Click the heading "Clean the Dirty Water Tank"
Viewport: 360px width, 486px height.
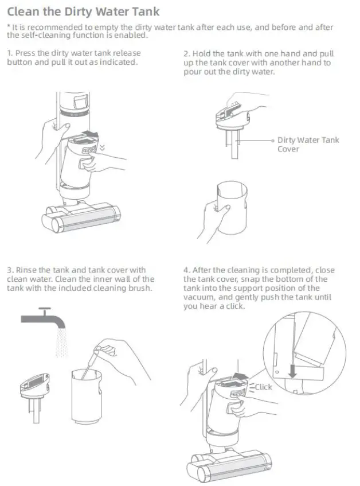click(83, 11)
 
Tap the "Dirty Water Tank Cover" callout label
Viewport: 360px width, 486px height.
click(308, 144)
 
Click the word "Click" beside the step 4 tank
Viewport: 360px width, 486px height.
click(263, 387)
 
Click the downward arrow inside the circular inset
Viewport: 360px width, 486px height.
click(292, 371)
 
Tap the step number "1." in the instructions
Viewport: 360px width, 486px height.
click(10, 53)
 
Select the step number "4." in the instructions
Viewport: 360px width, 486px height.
click(186, 270)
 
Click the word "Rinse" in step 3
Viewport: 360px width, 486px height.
click(26, 270)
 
